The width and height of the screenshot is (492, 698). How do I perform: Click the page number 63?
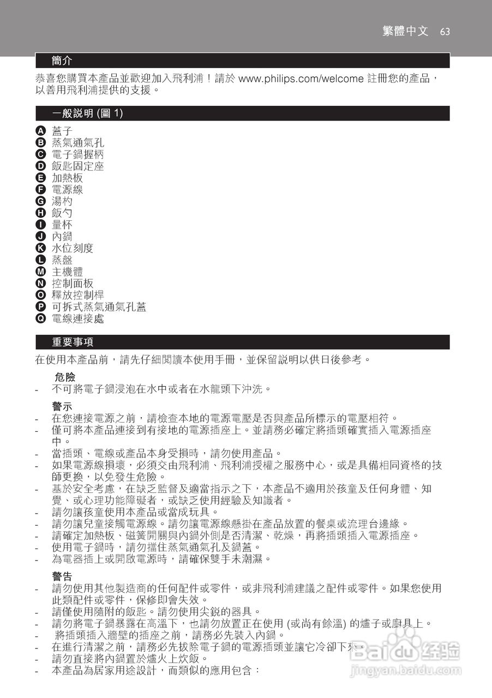(445, 32)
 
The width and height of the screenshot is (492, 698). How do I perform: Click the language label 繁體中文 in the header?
(405, 31)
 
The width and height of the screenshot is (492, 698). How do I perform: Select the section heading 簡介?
(62, 60)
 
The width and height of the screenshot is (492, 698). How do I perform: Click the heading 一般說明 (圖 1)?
(87, 113)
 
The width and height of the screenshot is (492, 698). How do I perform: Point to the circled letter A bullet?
(40, 131)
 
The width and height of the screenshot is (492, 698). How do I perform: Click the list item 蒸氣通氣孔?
(77, 143)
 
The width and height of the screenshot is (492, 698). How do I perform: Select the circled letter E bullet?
(40, 178)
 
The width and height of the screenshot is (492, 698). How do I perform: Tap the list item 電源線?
(67, 190)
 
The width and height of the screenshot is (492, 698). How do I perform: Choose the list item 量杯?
(62, 225)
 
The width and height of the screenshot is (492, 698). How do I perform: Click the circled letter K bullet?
(40, 248)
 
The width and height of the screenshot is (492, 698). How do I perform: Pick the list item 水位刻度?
(73, 248)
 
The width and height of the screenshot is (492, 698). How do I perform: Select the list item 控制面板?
(73, 284)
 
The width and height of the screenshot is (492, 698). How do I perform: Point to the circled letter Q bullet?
(40, 318)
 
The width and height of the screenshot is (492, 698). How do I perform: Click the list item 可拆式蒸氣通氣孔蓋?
(99, 307)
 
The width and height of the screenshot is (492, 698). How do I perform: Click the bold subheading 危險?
(65, 377)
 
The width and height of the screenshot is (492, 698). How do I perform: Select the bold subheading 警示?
(62, 407)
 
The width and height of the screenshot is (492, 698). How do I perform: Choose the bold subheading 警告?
(62, 576)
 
